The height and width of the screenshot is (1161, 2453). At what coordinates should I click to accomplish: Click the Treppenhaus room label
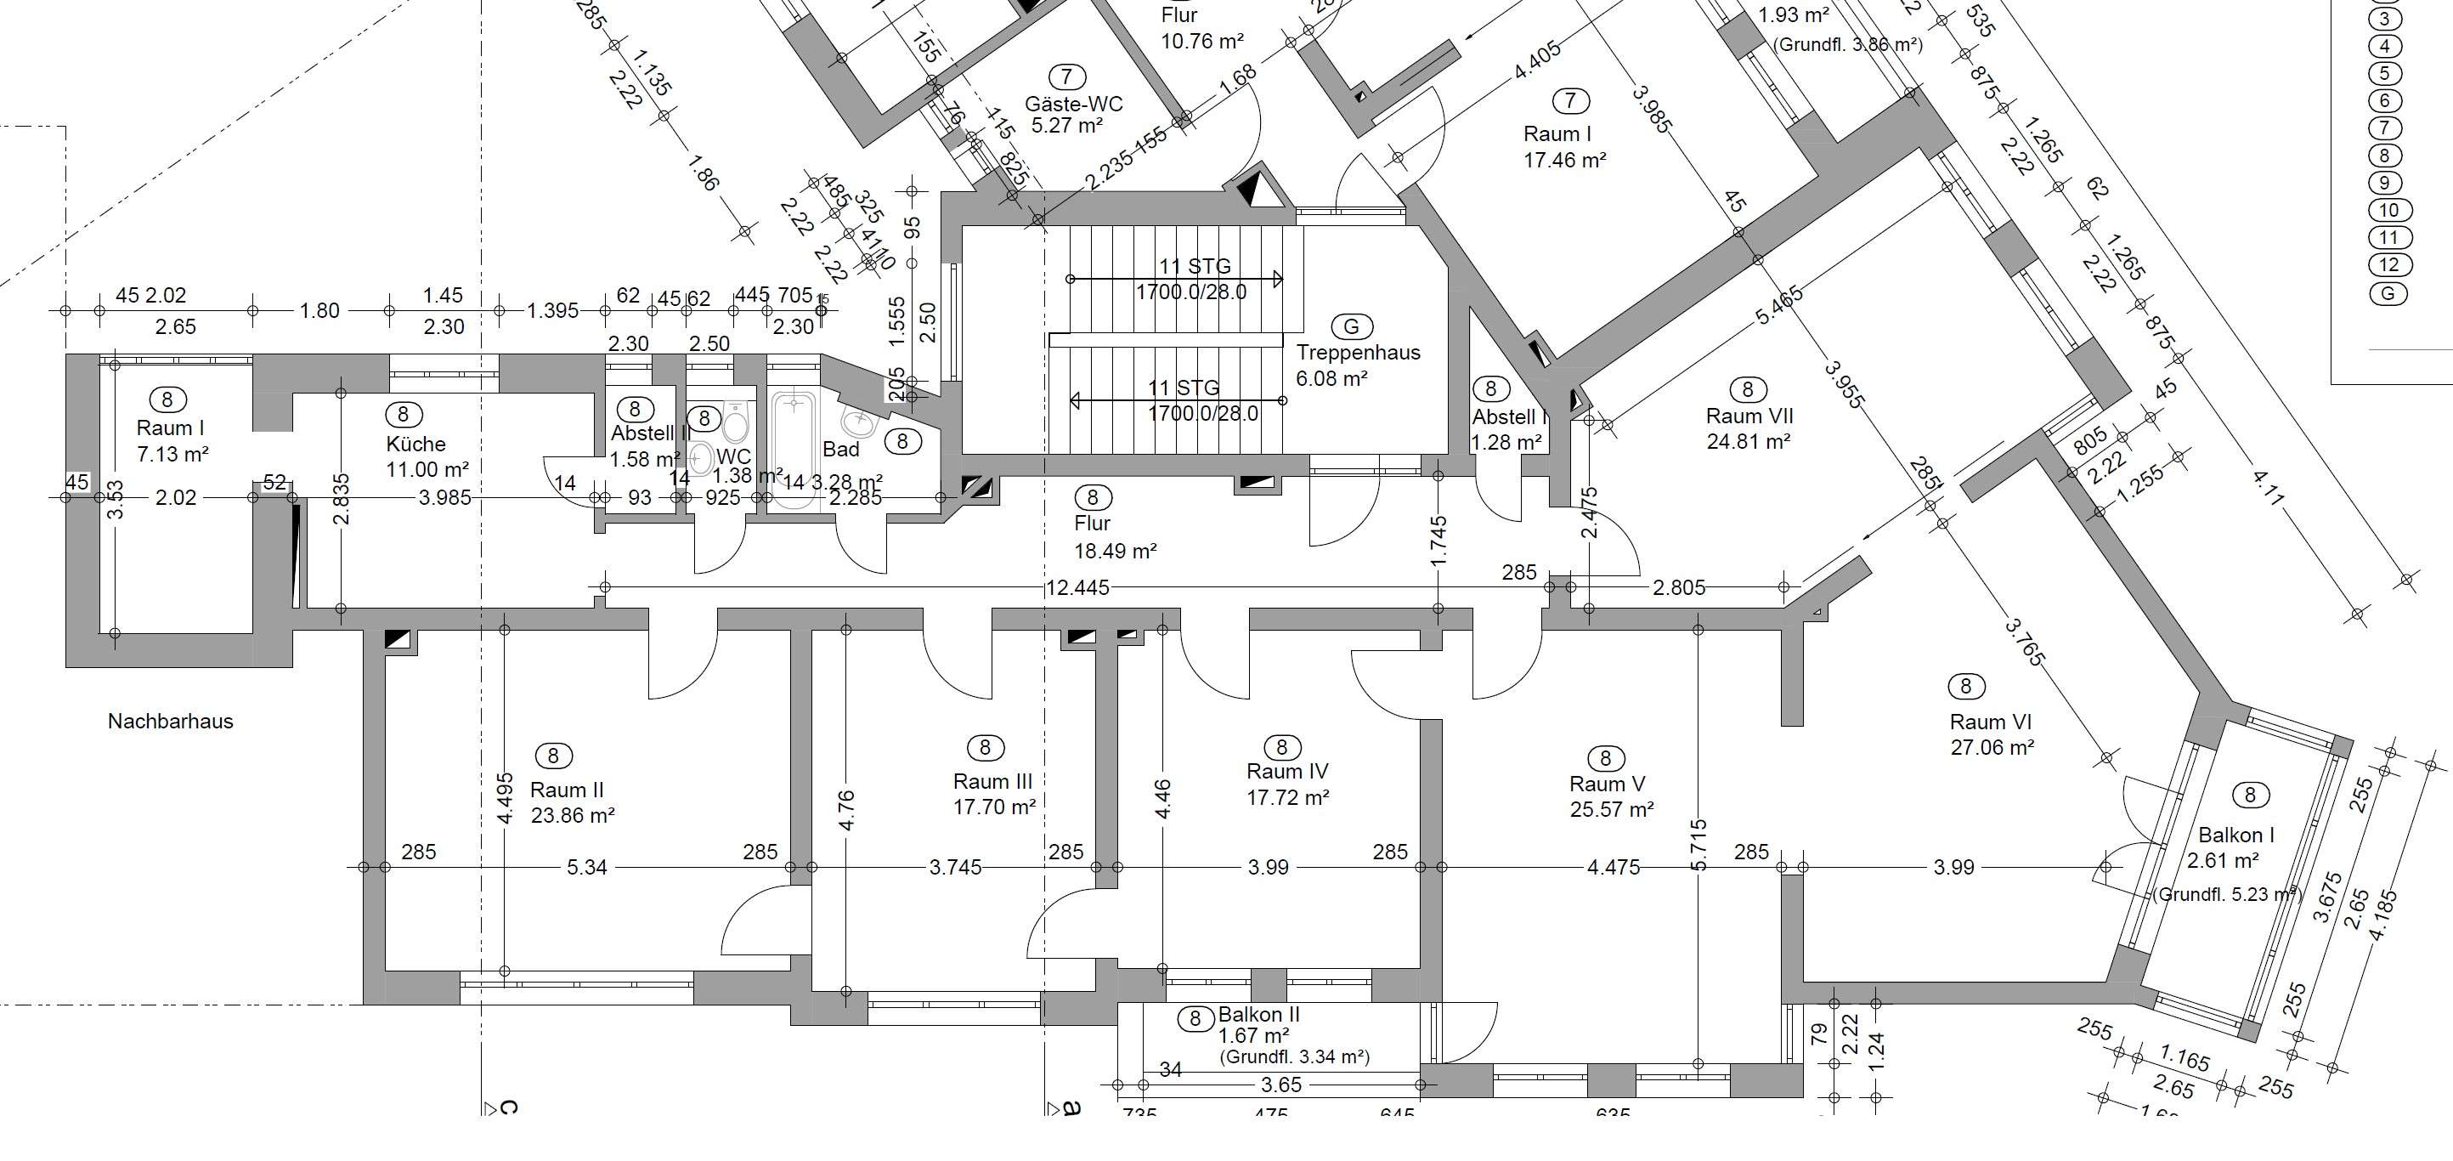[1358, 353]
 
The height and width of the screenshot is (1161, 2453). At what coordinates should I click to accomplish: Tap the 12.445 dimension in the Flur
[1077, 587]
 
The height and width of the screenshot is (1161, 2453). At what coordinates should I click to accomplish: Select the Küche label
[416, 444]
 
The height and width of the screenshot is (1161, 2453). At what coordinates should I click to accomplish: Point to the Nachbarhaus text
[171, 721]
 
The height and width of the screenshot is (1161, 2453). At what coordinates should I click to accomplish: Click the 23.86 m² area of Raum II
[573, 815]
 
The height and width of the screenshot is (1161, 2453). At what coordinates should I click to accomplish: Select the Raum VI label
[1990, 722]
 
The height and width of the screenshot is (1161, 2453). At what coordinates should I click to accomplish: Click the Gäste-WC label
[1073, 104]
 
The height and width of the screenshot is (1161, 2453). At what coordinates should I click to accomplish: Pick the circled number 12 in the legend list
[2388, 265]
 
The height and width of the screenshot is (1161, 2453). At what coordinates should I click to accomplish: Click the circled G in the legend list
[2388, 293]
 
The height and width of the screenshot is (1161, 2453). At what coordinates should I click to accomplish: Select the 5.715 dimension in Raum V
[1700, 845]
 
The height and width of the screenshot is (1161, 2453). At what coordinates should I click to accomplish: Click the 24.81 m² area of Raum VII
[1749, 442]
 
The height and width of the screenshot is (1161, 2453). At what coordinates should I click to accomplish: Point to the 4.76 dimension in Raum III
[846, 810]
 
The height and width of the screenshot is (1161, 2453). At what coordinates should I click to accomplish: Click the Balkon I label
[2235, 835]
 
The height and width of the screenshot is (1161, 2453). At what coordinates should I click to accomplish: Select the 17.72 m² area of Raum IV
[1287, 797]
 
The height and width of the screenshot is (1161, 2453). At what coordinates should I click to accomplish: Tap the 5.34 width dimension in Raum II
[586, 867]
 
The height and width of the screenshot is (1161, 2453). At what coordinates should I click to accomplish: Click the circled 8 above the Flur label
[1092, 497]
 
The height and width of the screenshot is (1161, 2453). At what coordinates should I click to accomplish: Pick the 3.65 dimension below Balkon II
[1280, 1085]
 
